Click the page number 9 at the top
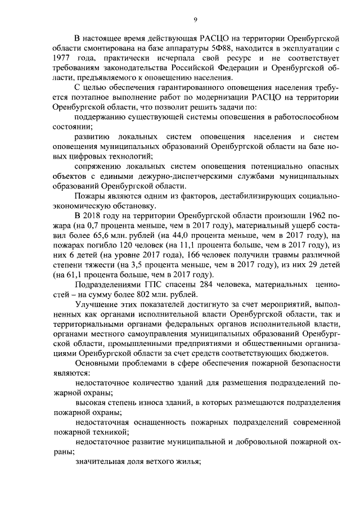(x=195, y=20)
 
